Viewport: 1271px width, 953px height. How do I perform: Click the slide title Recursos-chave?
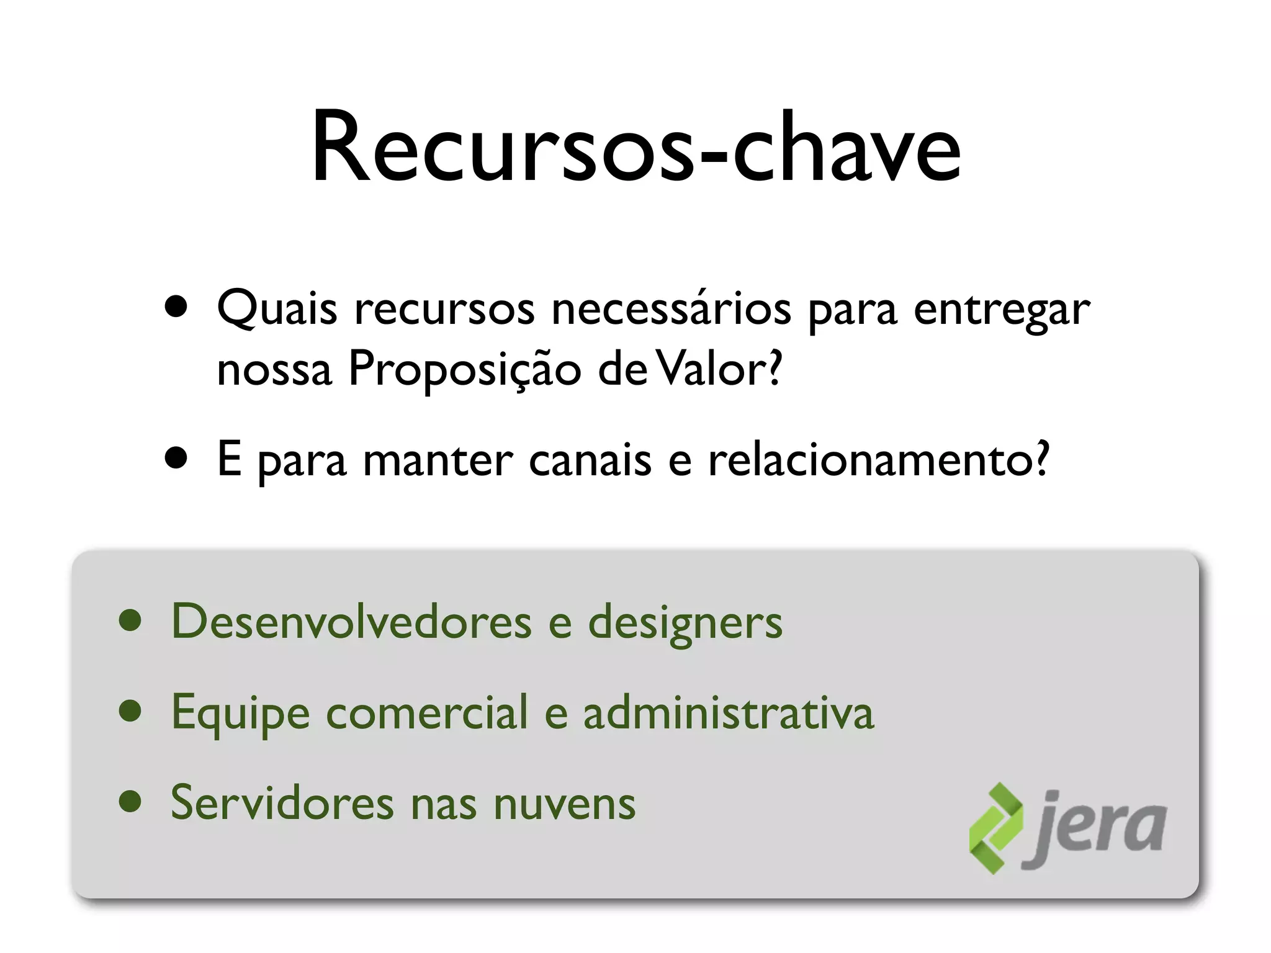coord(635,149)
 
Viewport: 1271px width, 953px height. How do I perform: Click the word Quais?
coord(277,309)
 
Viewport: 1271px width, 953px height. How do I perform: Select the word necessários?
coord(671,309)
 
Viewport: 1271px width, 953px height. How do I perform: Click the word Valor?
coord(719,369)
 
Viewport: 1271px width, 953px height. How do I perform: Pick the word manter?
coord(438,461)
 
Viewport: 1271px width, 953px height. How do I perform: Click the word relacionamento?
coord(878,460)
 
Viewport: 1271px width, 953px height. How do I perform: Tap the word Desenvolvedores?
coord(351,622)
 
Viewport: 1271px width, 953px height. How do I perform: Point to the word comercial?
coord(427,712)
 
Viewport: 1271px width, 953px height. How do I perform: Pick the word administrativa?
coord(728,712)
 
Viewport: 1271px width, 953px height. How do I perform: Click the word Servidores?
coord(282,803)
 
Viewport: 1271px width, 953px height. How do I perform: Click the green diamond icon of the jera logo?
coord(995,829)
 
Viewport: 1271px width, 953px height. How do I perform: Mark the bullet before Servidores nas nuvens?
coord(130,802)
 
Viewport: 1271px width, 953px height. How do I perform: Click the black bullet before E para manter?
coord(176,459)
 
